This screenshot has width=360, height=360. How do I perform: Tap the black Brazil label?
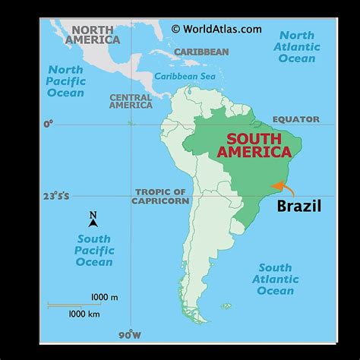(298, 206)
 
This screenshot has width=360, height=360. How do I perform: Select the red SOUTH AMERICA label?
(259, 145)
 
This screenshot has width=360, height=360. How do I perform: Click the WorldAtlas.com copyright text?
(216, 29)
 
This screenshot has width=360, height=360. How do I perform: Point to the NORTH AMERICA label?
(94, 35)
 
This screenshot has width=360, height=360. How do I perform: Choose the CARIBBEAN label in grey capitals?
(201, 52)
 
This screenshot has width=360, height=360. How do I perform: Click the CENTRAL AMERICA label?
(131, 102)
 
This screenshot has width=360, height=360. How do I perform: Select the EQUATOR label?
(297, 119)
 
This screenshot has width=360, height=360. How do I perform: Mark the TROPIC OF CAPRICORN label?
(160, 196)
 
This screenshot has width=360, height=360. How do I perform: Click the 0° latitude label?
(49, 123)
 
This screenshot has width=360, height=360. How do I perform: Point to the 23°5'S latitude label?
(55, 196)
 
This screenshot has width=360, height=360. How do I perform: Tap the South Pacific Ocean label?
(93, 251)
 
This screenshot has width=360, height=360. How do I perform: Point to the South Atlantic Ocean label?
(275, 279)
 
